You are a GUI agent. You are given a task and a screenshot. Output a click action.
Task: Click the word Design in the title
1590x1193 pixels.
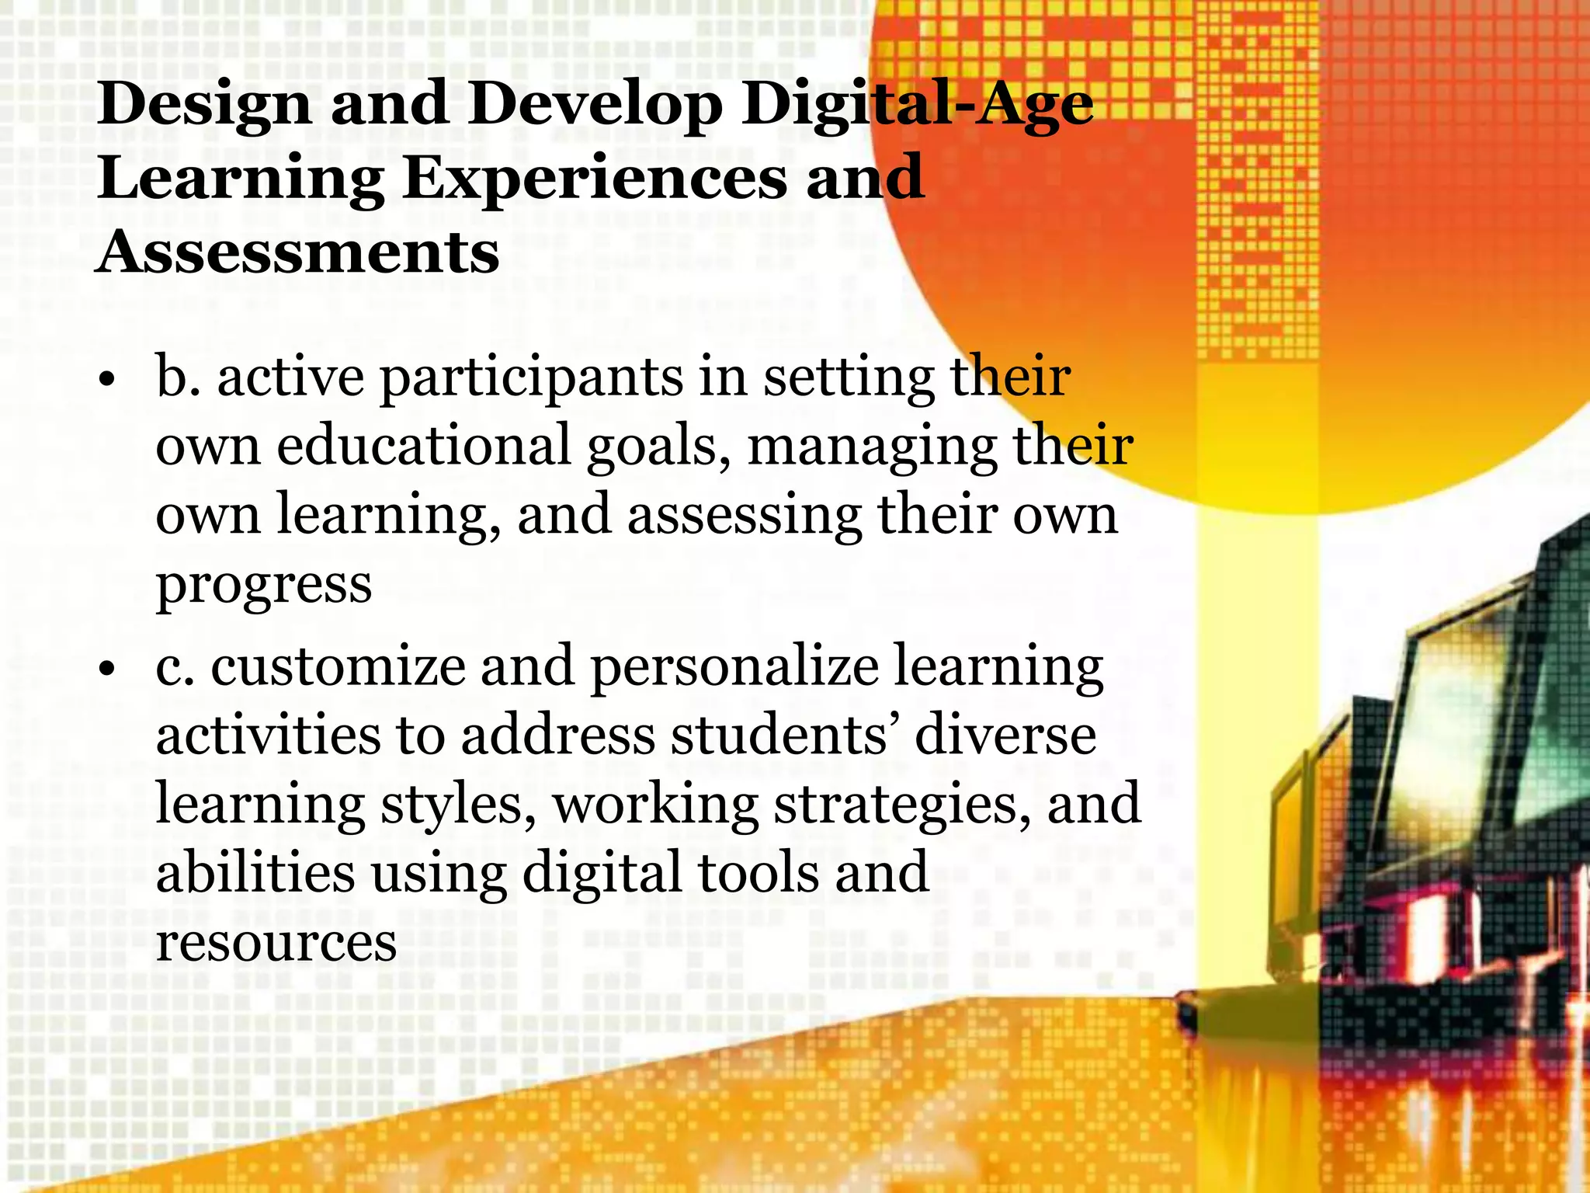coord(203,105)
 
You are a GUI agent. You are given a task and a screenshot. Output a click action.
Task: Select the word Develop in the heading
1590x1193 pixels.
coord(594,105)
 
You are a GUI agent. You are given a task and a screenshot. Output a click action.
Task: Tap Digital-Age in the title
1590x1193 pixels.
coord(917,105)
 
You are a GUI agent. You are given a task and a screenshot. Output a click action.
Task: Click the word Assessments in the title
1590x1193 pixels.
coord(298,252)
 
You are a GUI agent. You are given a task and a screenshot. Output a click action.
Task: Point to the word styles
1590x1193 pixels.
coord(458,805)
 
